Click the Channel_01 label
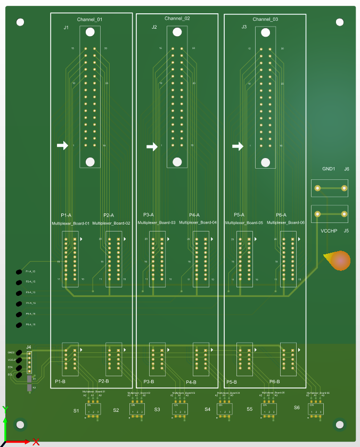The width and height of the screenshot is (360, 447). click(89, 20)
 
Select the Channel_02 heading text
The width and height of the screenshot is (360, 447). click(177, 19)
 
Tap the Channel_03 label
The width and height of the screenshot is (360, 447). click(265, 19)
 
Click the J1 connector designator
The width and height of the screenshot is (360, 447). click(66, 27)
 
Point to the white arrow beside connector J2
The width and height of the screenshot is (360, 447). click(152, 147)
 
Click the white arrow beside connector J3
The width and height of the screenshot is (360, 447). click(239, 146)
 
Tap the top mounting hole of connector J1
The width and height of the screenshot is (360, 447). click(89, 32)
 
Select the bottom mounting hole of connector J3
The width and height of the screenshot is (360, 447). click(265, 161)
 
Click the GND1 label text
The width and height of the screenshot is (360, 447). click(329, 169)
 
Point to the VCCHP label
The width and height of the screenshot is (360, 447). click(329, 231)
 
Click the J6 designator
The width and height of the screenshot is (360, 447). click(346, 169)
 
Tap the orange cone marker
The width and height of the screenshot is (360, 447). click(338, 261)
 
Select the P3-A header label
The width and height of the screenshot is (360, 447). click(149, 215)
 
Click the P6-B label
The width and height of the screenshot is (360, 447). click(275, 382)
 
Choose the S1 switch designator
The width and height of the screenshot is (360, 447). click(76, 411)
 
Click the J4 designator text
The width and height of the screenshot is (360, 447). click(29, 347)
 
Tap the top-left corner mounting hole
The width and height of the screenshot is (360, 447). click(20, 22)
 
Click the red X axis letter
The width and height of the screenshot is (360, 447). click(36, 441)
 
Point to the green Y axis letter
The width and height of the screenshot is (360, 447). click(5, 409)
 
